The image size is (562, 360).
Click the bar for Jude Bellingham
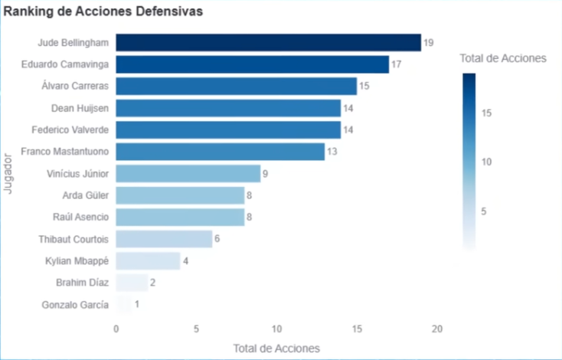(x=268, y=43)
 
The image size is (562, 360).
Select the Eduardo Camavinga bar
(x=253, y=64)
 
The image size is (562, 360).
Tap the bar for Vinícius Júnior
(x=188, y=174)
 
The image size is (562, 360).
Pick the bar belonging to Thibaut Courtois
(x=164, y=239)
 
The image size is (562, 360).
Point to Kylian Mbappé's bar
(x=148, y=261)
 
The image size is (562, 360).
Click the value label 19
(x=428, y=43)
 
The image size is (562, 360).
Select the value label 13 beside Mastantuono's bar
(x=332, y=152)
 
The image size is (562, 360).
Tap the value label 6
(x=217, y=239)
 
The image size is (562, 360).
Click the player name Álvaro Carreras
(x=75, y=86)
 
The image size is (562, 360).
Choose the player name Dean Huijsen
(x=80, y=108)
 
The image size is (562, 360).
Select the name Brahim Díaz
(x=83, y=283)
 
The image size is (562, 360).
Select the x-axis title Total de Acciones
(x=276, y=348)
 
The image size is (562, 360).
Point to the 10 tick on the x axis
(x=276, y=329)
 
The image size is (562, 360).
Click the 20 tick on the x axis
(x=436, y=329)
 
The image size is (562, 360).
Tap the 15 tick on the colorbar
(x=487, y=113)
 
